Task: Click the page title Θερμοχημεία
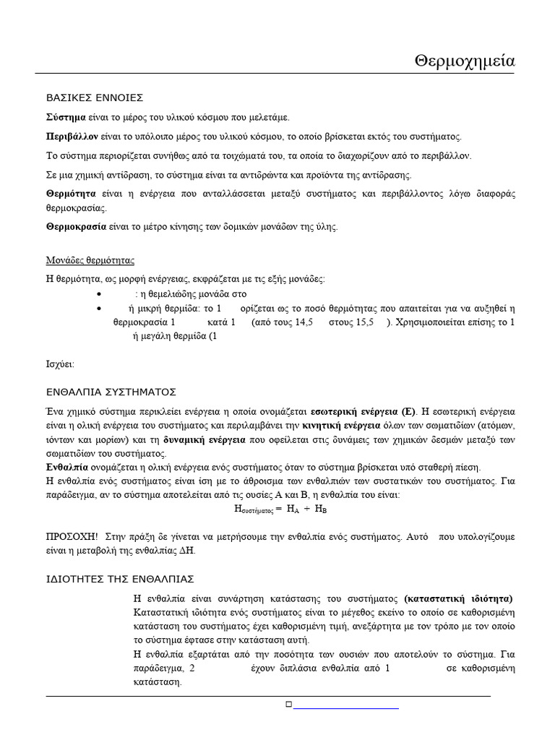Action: [465, 61]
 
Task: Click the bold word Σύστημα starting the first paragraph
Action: [66, 117]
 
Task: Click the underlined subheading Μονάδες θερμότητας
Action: [90, 260]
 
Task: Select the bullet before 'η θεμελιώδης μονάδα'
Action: [98, 295]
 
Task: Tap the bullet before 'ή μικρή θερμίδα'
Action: [98, 309]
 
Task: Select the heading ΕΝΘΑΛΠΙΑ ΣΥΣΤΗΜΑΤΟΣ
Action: [111, 392]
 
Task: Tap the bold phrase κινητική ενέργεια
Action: [341, 425]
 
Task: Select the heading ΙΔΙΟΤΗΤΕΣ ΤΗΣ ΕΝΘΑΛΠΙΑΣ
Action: [120, 579]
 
